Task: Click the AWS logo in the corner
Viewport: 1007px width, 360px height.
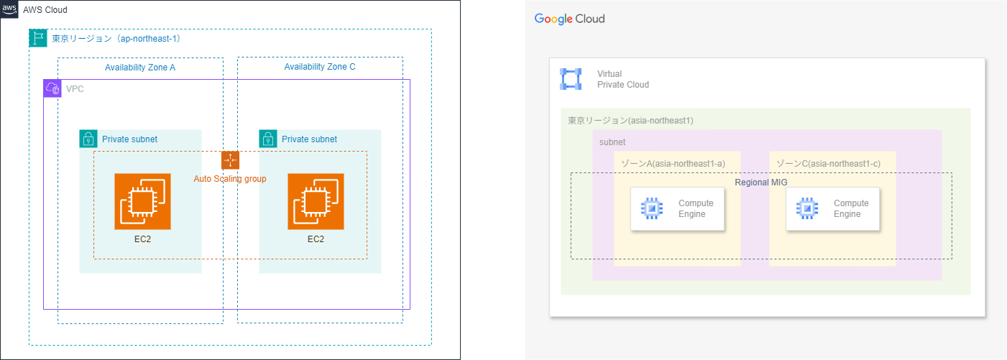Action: point(9,9)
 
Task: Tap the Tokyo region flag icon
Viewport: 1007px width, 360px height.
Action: point(38,38)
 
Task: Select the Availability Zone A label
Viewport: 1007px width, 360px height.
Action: point(140,67)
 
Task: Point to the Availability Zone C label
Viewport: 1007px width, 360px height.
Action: point(320,67)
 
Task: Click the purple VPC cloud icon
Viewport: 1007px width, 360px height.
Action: point(52,88)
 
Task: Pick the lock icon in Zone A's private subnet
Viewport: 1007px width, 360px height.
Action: point(88,139)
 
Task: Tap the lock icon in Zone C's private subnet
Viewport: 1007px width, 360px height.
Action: point(268,139)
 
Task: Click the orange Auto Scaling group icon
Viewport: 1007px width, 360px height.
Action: point(230,160)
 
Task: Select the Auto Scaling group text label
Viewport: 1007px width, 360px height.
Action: point(230,178)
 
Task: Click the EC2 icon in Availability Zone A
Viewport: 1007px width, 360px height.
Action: point(142,201)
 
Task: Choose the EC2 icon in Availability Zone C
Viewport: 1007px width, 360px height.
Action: point(316,201)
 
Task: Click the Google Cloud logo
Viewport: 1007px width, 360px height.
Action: point(569,19)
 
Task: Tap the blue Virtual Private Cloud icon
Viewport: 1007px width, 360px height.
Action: point(571,79)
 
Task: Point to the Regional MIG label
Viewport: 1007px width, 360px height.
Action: point(761,183)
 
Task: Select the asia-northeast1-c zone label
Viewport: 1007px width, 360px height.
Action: point(828,164)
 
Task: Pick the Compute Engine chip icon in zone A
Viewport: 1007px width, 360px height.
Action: point(651,208)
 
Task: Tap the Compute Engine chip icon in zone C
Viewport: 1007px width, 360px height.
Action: point(806,208)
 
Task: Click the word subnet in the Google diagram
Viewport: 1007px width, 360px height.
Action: point(612,142)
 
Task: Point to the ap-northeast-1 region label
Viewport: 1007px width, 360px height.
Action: point(116,39)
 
